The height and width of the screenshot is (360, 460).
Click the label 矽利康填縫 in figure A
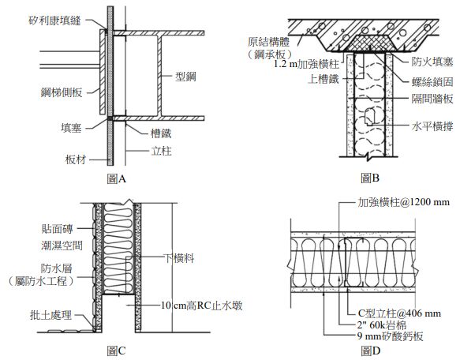(55, 21)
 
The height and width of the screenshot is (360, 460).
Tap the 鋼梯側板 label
(62, 92)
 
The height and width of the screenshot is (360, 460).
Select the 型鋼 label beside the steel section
(185, 77)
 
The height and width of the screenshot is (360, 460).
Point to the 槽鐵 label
(161, 133)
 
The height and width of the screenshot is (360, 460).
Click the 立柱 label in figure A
(161, 151)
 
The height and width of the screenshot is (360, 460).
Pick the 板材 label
(76, 159)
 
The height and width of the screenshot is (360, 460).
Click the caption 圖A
(117, 178)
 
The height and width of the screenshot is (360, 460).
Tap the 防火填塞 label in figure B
(432, 62)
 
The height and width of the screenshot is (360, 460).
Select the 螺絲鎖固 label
(432, 82)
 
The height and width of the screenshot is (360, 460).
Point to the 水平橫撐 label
(432, 126)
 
